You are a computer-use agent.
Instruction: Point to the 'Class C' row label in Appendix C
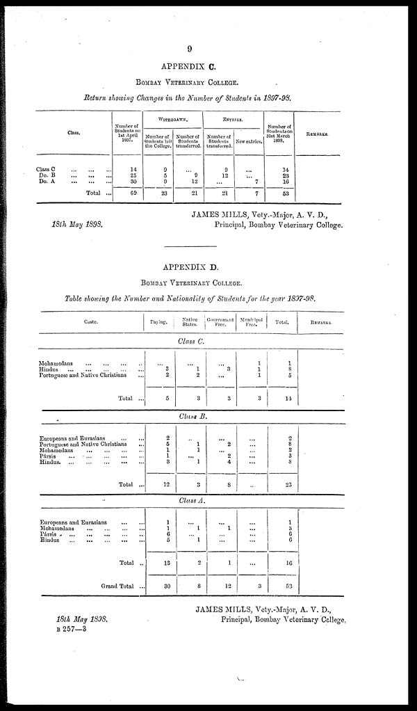point(47,169)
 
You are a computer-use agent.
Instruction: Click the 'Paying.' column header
point(158,322)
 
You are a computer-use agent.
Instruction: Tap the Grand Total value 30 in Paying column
point(158,586)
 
